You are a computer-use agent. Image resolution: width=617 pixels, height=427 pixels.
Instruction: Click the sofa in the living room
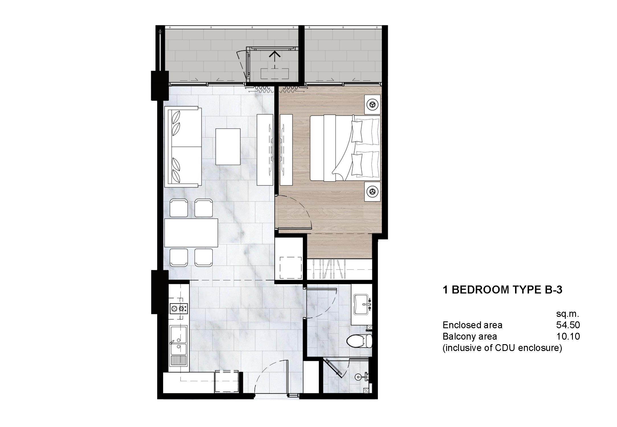(x=183, y=147)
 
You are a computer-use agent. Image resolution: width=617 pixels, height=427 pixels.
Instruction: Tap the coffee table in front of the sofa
(x=228, y=147)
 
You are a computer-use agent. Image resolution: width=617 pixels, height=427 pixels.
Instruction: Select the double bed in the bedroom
(x=345, y=148)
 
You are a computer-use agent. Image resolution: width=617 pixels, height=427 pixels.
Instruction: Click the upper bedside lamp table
(x=372, y=105)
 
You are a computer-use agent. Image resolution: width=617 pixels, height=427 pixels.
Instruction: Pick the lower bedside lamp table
(x=372, y=191)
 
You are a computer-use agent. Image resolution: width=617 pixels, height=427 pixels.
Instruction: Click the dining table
(x=191, y=233)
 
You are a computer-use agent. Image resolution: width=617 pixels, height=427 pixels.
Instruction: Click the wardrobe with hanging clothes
(x=339, y=269)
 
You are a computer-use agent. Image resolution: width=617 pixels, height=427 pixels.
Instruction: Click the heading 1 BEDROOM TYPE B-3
(x=502, y=290)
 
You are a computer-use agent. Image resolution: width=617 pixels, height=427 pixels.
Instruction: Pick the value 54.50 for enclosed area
(x=568, y=325)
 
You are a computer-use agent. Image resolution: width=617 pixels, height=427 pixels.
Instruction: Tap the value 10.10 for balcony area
(x=568, y=336)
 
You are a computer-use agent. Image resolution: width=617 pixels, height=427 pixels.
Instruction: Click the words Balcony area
(x=470, y=336)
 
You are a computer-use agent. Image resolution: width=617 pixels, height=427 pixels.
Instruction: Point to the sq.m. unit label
(x=567, y=314)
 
